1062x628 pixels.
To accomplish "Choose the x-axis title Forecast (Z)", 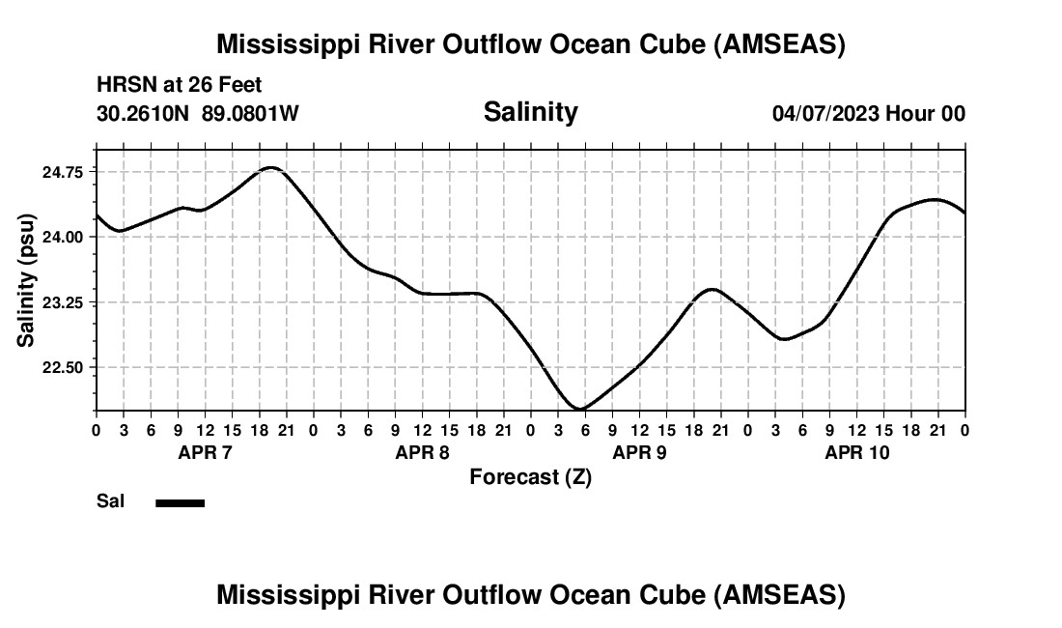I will pos(530,477).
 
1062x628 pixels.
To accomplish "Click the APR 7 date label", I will pos(205,453).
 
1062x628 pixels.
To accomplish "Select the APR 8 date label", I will pos(422,453).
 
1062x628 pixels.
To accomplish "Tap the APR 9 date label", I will pos(639,453).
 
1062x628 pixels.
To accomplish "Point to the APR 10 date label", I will pos(856,453).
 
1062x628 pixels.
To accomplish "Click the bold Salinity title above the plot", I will pos(530,112).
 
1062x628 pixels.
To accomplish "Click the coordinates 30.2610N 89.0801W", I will pos(198,114).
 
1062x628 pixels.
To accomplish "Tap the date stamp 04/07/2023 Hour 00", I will pos(868,114).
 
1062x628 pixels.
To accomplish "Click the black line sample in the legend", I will pos(180,502).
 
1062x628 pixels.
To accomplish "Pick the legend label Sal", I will pos(110,501).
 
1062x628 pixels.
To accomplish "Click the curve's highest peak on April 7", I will pos(270,168).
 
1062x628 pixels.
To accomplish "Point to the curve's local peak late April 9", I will pos(712,289).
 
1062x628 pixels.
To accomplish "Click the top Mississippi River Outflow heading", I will pos(530,44).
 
